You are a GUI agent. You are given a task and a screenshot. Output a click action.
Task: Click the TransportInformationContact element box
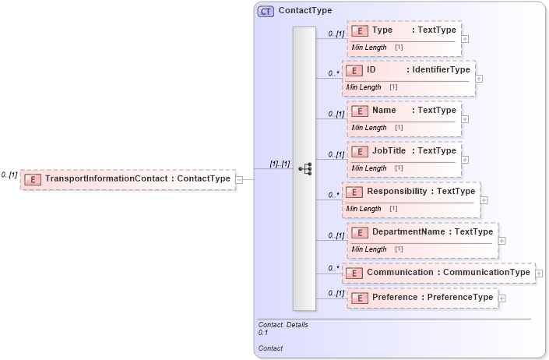pos(128,179)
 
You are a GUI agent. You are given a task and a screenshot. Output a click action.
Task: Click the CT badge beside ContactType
pos(266,11)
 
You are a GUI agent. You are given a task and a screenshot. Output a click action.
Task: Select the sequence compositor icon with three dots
pos(305,168)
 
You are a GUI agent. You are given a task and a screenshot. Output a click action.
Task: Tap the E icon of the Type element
pos(360,30)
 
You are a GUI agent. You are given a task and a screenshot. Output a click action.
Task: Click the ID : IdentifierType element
pos(410,70)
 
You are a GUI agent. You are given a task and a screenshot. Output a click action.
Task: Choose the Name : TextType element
pos(405,111)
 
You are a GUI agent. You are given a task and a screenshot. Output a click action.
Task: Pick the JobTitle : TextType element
pos(405,151)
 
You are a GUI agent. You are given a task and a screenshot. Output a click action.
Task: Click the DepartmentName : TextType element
pos(422,232)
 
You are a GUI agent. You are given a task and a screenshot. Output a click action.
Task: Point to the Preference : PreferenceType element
pos(422,298)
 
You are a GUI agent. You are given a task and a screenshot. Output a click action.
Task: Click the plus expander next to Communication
pos(539,274)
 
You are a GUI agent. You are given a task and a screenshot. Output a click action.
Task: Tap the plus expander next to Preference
pos(501,298)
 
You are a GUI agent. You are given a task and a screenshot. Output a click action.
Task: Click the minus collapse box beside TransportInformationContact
pos(239,179)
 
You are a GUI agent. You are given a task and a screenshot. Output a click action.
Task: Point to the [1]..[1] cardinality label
pos(280,164)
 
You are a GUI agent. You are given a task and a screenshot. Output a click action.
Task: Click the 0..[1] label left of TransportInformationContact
pos(9,175)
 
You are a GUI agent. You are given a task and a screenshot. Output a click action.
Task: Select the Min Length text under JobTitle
pos(369,168)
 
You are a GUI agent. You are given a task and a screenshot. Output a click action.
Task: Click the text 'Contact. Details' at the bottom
pos(283,324)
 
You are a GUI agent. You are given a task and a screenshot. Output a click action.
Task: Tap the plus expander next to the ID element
pos(479,78)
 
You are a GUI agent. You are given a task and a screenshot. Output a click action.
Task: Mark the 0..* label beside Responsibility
pos(333,194)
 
